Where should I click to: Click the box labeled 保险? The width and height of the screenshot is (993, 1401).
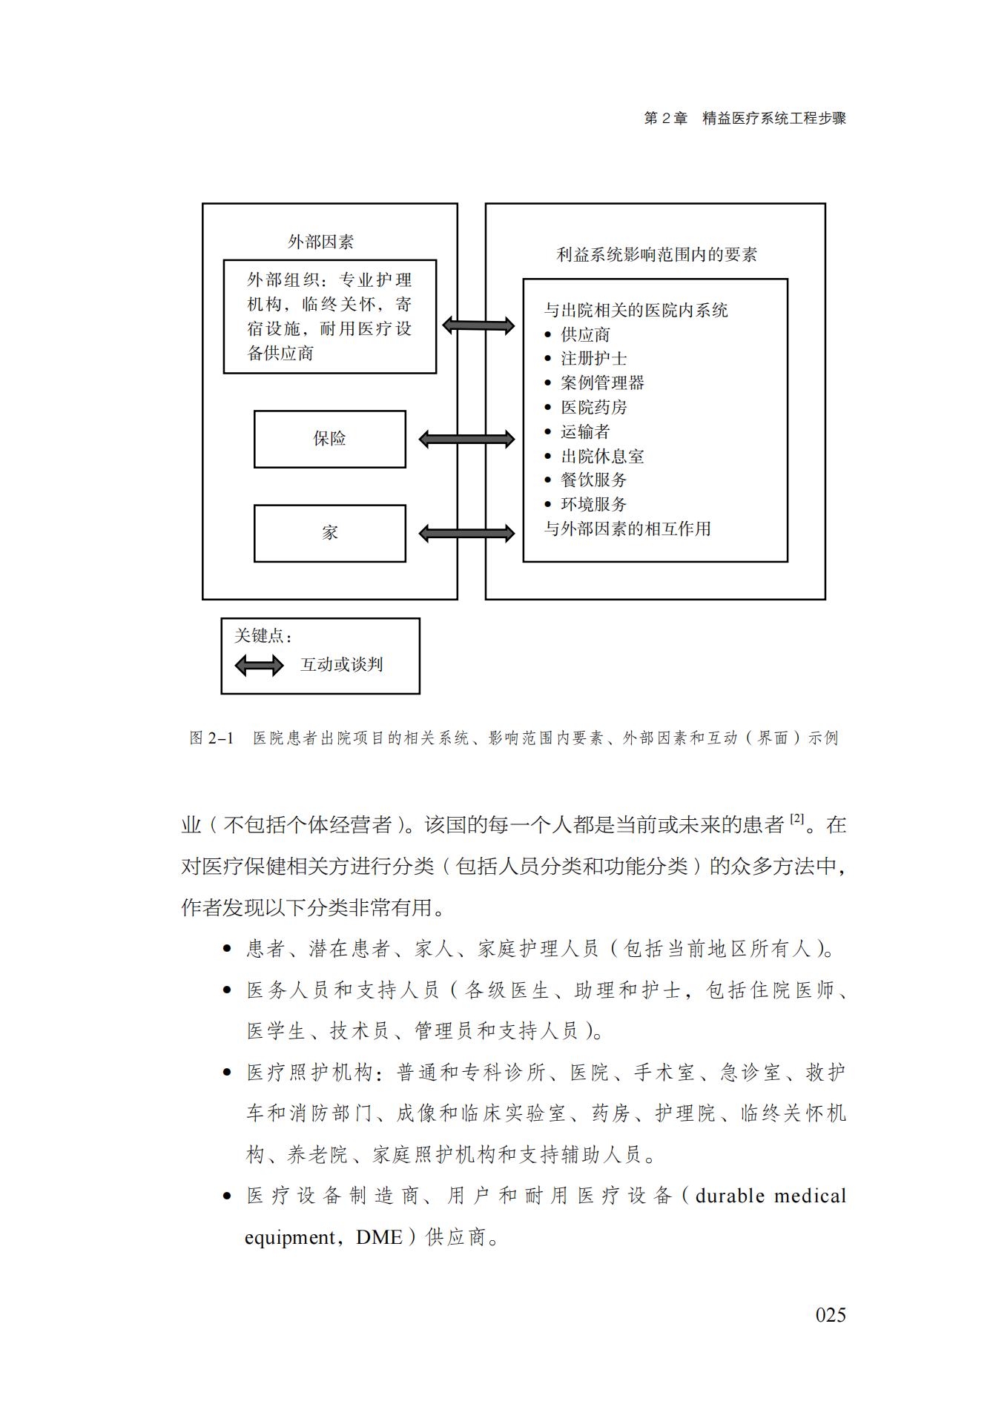pos(329,439)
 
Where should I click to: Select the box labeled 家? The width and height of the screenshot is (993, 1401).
pos(329,533)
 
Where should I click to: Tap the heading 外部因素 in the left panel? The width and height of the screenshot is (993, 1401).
pos(320,242)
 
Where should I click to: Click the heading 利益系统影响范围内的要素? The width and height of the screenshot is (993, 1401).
pos(656,255)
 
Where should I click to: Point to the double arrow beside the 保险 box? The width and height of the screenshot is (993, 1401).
pos(466,440)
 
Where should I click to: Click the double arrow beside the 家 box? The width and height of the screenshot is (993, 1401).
pos(466,533)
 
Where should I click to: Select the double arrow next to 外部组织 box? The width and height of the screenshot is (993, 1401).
pos(478,325)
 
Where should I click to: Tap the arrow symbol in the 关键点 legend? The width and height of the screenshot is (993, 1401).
pos(259,665)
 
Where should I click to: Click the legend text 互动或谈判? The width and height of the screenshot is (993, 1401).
pos(341,665)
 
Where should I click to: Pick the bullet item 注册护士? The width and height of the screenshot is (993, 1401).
pos(593,359)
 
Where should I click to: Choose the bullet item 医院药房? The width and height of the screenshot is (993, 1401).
pos(593,408)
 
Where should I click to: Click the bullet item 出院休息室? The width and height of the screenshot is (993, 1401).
pos(601,457)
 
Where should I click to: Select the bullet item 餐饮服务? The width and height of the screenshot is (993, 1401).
pos(593,480)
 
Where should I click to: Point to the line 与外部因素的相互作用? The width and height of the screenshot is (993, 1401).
pos(627,529)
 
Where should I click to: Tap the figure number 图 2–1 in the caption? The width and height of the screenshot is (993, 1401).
pos(211,738)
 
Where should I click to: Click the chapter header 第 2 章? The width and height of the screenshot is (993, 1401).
pos(665,119)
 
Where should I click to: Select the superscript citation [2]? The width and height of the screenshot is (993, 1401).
pos(796,819)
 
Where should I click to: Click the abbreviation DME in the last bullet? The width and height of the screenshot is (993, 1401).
pos(379,1237)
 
